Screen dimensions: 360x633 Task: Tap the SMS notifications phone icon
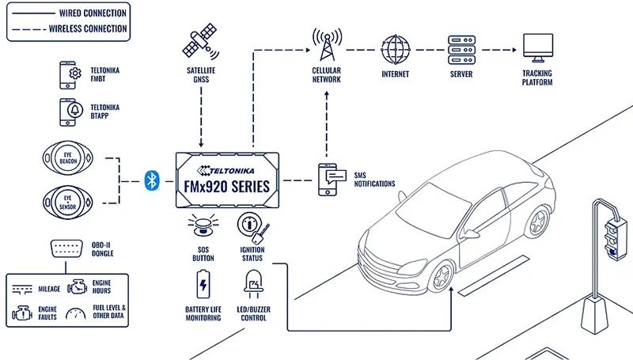(x=328, y=179)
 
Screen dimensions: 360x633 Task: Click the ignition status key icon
(x=252, y=228)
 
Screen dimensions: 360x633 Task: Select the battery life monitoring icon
(x=203, y=282)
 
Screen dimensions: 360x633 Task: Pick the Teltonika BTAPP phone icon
(x=68, y=112)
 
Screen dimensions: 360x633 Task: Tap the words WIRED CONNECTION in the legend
(x=92, y=13)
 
